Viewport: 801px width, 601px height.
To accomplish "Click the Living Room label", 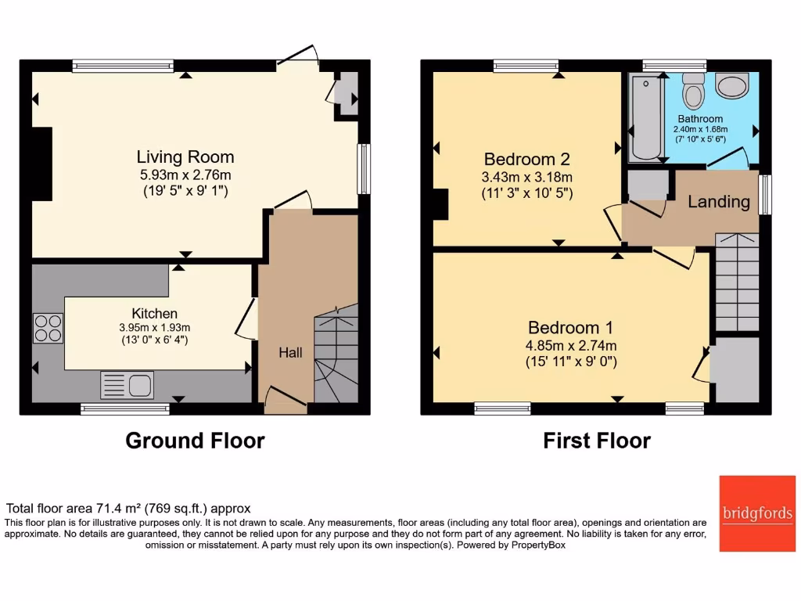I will [185, 157].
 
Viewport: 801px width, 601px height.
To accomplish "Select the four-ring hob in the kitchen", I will [48, 327].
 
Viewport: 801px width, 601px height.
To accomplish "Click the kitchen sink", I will [126, 386].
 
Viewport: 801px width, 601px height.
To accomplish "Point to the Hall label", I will [291, 353].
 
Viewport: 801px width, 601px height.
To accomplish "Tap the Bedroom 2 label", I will [528, 159].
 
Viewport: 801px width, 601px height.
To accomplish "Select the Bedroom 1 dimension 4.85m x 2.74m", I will [571, 345].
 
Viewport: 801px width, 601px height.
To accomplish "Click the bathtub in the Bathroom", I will [645, 117].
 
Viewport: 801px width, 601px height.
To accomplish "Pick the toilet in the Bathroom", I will [692, 92].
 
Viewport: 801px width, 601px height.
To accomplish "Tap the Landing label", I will [718, 202].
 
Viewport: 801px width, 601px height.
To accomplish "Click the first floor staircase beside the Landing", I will [737, 283].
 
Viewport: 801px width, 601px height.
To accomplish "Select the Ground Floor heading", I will [195, 441].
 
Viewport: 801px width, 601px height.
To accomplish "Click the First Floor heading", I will [597, 441].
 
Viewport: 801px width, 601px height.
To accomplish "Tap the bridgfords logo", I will [756, 513].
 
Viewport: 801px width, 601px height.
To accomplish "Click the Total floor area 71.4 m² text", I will [128, 508].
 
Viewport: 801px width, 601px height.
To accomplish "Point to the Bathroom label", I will [700, 119].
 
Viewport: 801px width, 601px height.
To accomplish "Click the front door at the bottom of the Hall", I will [285, 401].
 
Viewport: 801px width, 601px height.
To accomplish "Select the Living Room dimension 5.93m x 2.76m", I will [185, 175].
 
